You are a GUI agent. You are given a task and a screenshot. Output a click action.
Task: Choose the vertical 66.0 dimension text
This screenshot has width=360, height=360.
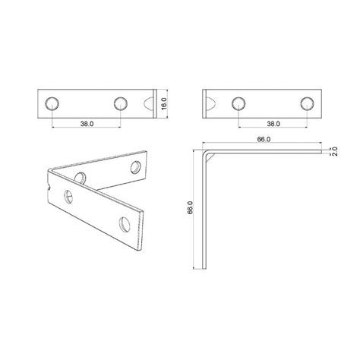pyautogui.click(x=191, y=207)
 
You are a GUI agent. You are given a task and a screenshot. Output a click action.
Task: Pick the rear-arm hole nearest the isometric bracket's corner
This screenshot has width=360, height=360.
pyautogui.click(x=81, y=178)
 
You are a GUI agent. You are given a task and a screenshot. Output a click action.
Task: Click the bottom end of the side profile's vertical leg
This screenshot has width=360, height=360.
pyautogui.click(x=206, y=267)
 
